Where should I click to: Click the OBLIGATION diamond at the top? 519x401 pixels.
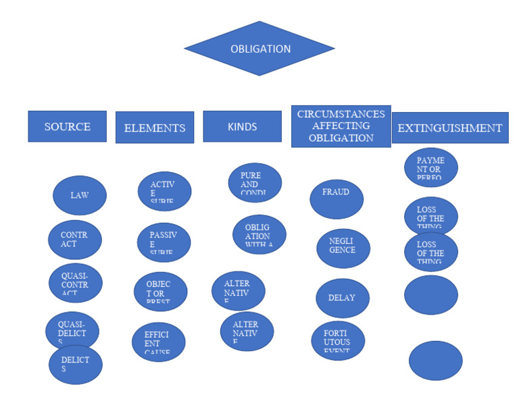point(260,49)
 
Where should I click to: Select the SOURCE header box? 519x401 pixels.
point(67,126)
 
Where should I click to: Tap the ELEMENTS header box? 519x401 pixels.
point(154,128)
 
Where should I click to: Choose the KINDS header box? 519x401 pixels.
point(242,126)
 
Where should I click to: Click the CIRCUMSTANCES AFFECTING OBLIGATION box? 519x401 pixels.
point(341,126)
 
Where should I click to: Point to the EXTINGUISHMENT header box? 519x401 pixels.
point(449,128)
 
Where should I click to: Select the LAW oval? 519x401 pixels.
point(79,196)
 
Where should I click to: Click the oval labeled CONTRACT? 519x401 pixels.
point(74,239)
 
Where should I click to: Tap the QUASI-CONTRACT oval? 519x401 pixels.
point(74,284)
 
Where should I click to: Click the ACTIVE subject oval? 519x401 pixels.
point(164,191)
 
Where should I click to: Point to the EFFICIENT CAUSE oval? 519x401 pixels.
point(158,341)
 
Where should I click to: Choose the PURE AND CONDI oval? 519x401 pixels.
point(255,183)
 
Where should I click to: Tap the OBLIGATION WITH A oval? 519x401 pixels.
point(259,234)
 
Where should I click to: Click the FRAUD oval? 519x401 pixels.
point(336,198)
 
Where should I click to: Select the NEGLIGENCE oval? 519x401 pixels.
point(343,248)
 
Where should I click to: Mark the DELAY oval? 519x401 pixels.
point(342,298)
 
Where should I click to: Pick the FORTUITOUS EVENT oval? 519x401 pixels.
point(337,340)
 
